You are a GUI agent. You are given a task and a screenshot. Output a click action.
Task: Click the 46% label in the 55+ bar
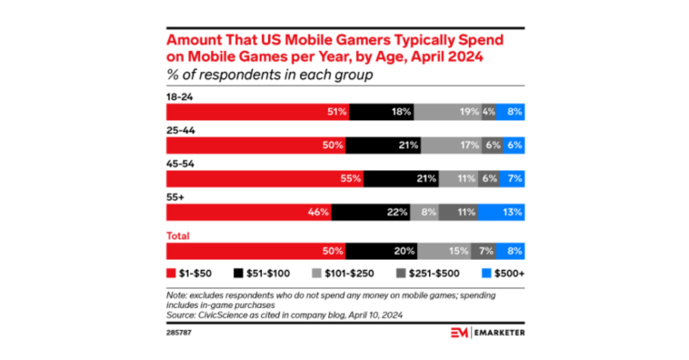pos(319,212)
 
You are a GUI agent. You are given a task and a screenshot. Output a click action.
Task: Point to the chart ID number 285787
pos(179,333)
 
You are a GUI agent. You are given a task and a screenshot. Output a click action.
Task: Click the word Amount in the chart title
pos(198,40)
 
